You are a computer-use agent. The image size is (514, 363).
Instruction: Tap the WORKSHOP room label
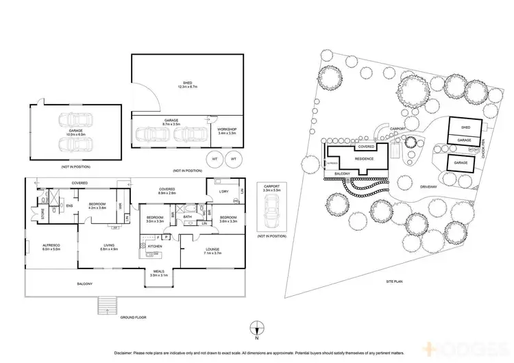point(227,131)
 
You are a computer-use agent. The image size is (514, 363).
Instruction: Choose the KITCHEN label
point(156,245)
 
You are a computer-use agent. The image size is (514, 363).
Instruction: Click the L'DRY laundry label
point(223,191)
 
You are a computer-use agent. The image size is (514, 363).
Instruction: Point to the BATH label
point(186,218)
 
